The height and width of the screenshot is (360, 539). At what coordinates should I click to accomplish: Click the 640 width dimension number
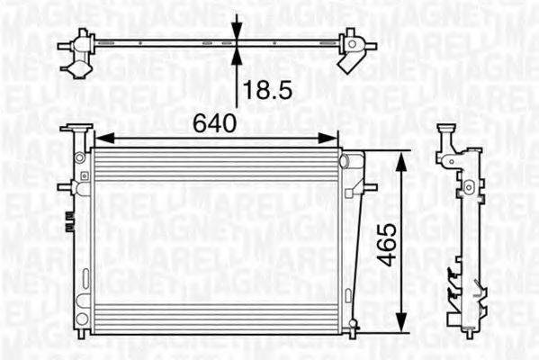[214, 122]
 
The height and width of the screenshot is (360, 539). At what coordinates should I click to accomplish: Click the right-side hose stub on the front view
[366, 188]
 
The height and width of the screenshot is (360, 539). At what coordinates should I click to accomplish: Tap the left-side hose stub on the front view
[66, 187]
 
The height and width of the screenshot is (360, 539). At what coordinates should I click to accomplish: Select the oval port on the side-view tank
[465, 189]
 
